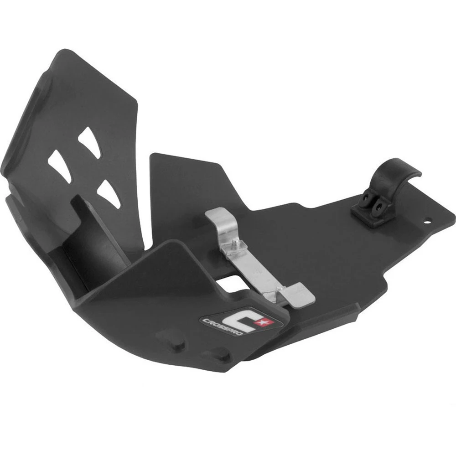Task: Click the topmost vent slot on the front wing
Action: pos(89,142)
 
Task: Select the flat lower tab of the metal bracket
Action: pos(300,294)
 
